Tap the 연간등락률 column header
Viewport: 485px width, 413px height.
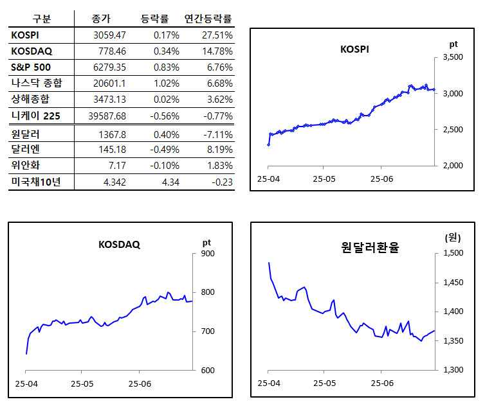(x=208, y=19)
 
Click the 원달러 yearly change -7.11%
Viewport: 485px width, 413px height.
(x=219, y=134)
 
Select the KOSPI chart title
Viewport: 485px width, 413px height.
(x=354, y=49)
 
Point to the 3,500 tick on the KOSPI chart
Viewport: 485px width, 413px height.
(x=454, y=58)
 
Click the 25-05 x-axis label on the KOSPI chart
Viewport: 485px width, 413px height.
(x=325, y=178)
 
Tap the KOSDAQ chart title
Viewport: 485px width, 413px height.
(x=119, y=245)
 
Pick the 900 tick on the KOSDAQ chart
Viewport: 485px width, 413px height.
(x=207, y=254)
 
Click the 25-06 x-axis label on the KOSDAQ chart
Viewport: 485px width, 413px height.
(x=140, y=384)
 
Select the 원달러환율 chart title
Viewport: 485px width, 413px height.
(x=369, y=247)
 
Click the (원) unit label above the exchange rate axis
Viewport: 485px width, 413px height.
(x=453, y=238)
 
